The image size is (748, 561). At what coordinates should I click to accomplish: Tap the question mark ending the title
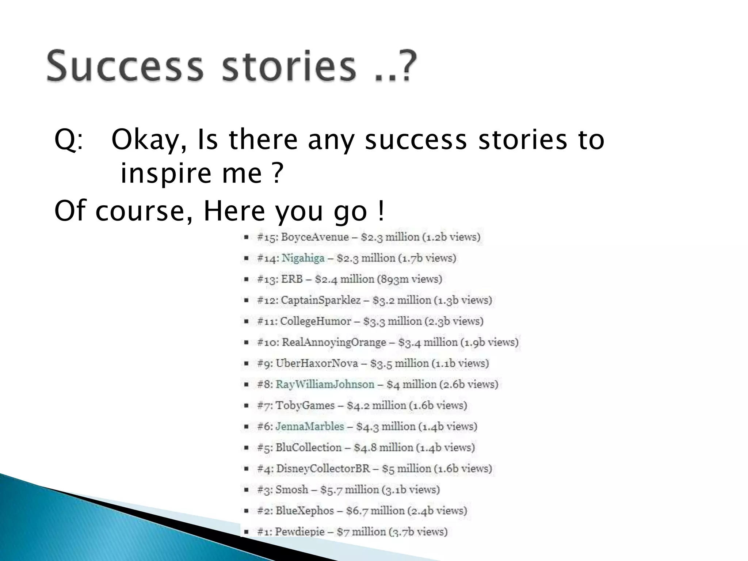pyautogui.click(x=406, y=66)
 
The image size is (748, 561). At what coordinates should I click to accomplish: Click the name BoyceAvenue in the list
pyautogui.click(x=315, y=237)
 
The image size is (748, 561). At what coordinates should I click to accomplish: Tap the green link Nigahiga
pyautogui.click(x=303, y=258)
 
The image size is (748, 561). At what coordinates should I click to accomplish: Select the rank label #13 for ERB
pyautogui.click(x=267, y=279)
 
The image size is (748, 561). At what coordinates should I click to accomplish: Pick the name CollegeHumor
pyautogui.click(x=316, y=321)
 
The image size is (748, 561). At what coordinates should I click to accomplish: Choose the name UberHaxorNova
pyautogui.click(x=317, y=363)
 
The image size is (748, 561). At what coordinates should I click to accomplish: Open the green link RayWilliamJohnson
pyautogui.click(x=325, y=384)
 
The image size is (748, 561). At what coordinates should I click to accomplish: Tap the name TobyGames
pyautogui.click(x=305, y=405)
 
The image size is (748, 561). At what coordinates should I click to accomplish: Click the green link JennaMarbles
pyautogui.click(x=310, y=426)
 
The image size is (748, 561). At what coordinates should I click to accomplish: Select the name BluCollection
pyautogui.click(x=309, y=447)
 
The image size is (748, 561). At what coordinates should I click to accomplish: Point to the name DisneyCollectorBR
pyautogui.click(x=323, y=469)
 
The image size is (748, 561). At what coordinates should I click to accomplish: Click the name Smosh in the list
pyautogui.click(x=291, y=489)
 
